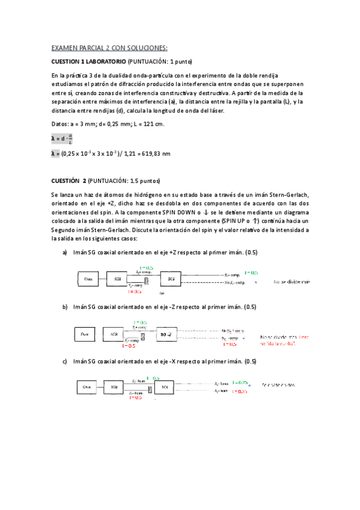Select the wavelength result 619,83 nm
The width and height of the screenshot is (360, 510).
pyautogui.click(x=155, y=154)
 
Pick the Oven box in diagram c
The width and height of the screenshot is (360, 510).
pyautogui.click(x=90, y=387)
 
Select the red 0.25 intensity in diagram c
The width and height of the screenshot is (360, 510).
pyautogui.click(x=243, y=392)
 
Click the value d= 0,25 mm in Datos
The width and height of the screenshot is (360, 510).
pyautogui.click(x=111, y=124)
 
